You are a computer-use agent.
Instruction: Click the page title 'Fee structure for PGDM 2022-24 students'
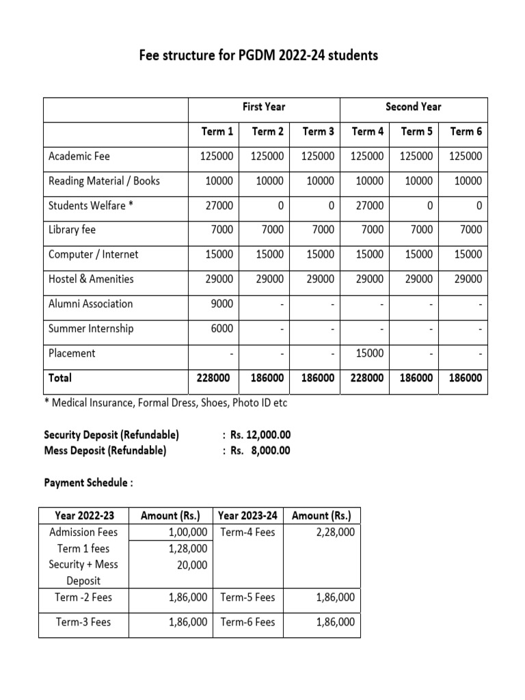tap(258, 55)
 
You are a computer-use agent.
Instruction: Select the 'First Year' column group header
tap(264, 107)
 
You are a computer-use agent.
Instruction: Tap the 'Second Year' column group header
tap(413, 107)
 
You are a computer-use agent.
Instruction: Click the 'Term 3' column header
tap(318, 131)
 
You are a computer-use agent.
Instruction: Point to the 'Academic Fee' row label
tap(79, 156)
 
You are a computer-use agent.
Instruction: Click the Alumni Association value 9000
tap(222, 304)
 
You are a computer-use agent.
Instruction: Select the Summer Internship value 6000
tap(222, 328)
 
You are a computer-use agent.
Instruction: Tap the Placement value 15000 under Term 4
tap(369, 353)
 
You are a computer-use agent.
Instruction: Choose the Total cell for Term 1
tap(213, 378)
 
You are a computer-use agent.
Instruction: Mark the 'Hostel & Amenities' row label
tap(91, 279)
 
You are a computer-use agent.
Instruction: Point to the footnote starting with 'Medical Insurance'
tap(165, 403)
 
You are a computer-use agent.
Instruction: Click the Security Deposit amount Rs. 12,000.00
tap(260, 435)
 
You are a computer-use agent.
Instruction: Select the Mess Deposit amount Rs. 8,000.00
tap(260, 450)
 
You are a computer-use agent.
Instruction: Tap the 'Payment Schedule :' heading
tap(88, 483)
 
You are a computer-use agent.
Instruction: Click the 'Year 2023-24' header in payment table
tap(247, 515)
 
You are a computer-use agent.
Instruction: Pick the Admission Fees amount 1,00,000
tap(187, 532)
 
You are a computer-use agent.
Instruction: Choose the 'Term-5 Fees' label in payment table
tap(247, 597)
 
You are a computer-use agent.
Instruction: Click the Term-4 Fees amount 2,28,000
tap(335, 532)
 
